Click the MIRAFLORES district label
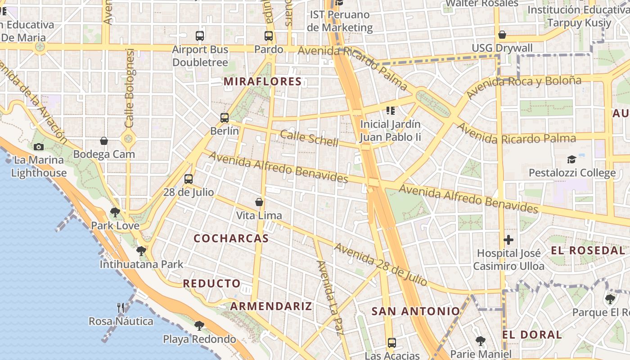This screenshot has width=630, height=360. click(x=263, y=81)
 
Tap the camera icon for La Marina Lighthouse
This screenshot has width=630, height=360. click(x=39, y=147)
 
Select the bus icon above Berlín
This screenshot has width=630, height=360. click(x=225, y=118)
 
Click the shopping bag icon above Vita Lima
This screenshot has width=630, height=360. click(x=259, y=202)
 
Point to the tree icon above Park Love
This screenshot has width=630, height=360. click(x=115, y=212)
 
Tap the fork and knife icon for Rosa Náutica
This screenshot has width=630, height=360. click(x=121, y=308)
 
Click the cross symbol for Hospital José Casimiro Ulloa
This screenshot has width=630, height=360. click(x=508, y=240)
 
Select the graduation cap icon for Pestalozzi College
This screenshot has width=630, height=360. click(x=571, y=159)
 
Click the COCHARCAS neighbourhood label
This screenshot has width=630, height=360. click(x=231, y=238)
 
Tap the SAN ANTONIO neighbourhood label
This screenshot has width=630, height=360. click(x=416, y=311)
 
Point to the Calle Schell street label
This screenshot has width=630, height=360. click(x=309, y=138)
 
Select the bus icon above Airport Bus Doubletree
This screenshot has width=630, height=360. click(x=200, y=36)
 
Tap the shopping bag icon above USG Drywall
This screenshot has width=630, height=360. click(x=502, y=35)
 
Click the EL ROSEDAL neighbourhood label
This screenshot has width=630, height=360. click(x=588, y=251)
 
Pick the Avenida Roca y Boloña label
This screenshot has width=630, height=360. click(x=524, y=87)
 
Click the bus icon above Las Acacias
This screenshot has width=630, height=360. click(x=392, y=342)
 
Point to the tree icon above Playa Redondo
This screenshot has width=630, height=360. click(x=199, y=325)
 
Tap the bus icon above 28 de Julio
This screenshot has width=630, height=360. click(x=189, y=179)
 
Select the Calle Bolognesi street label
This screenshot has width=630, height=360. click(x=130, y=88)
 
